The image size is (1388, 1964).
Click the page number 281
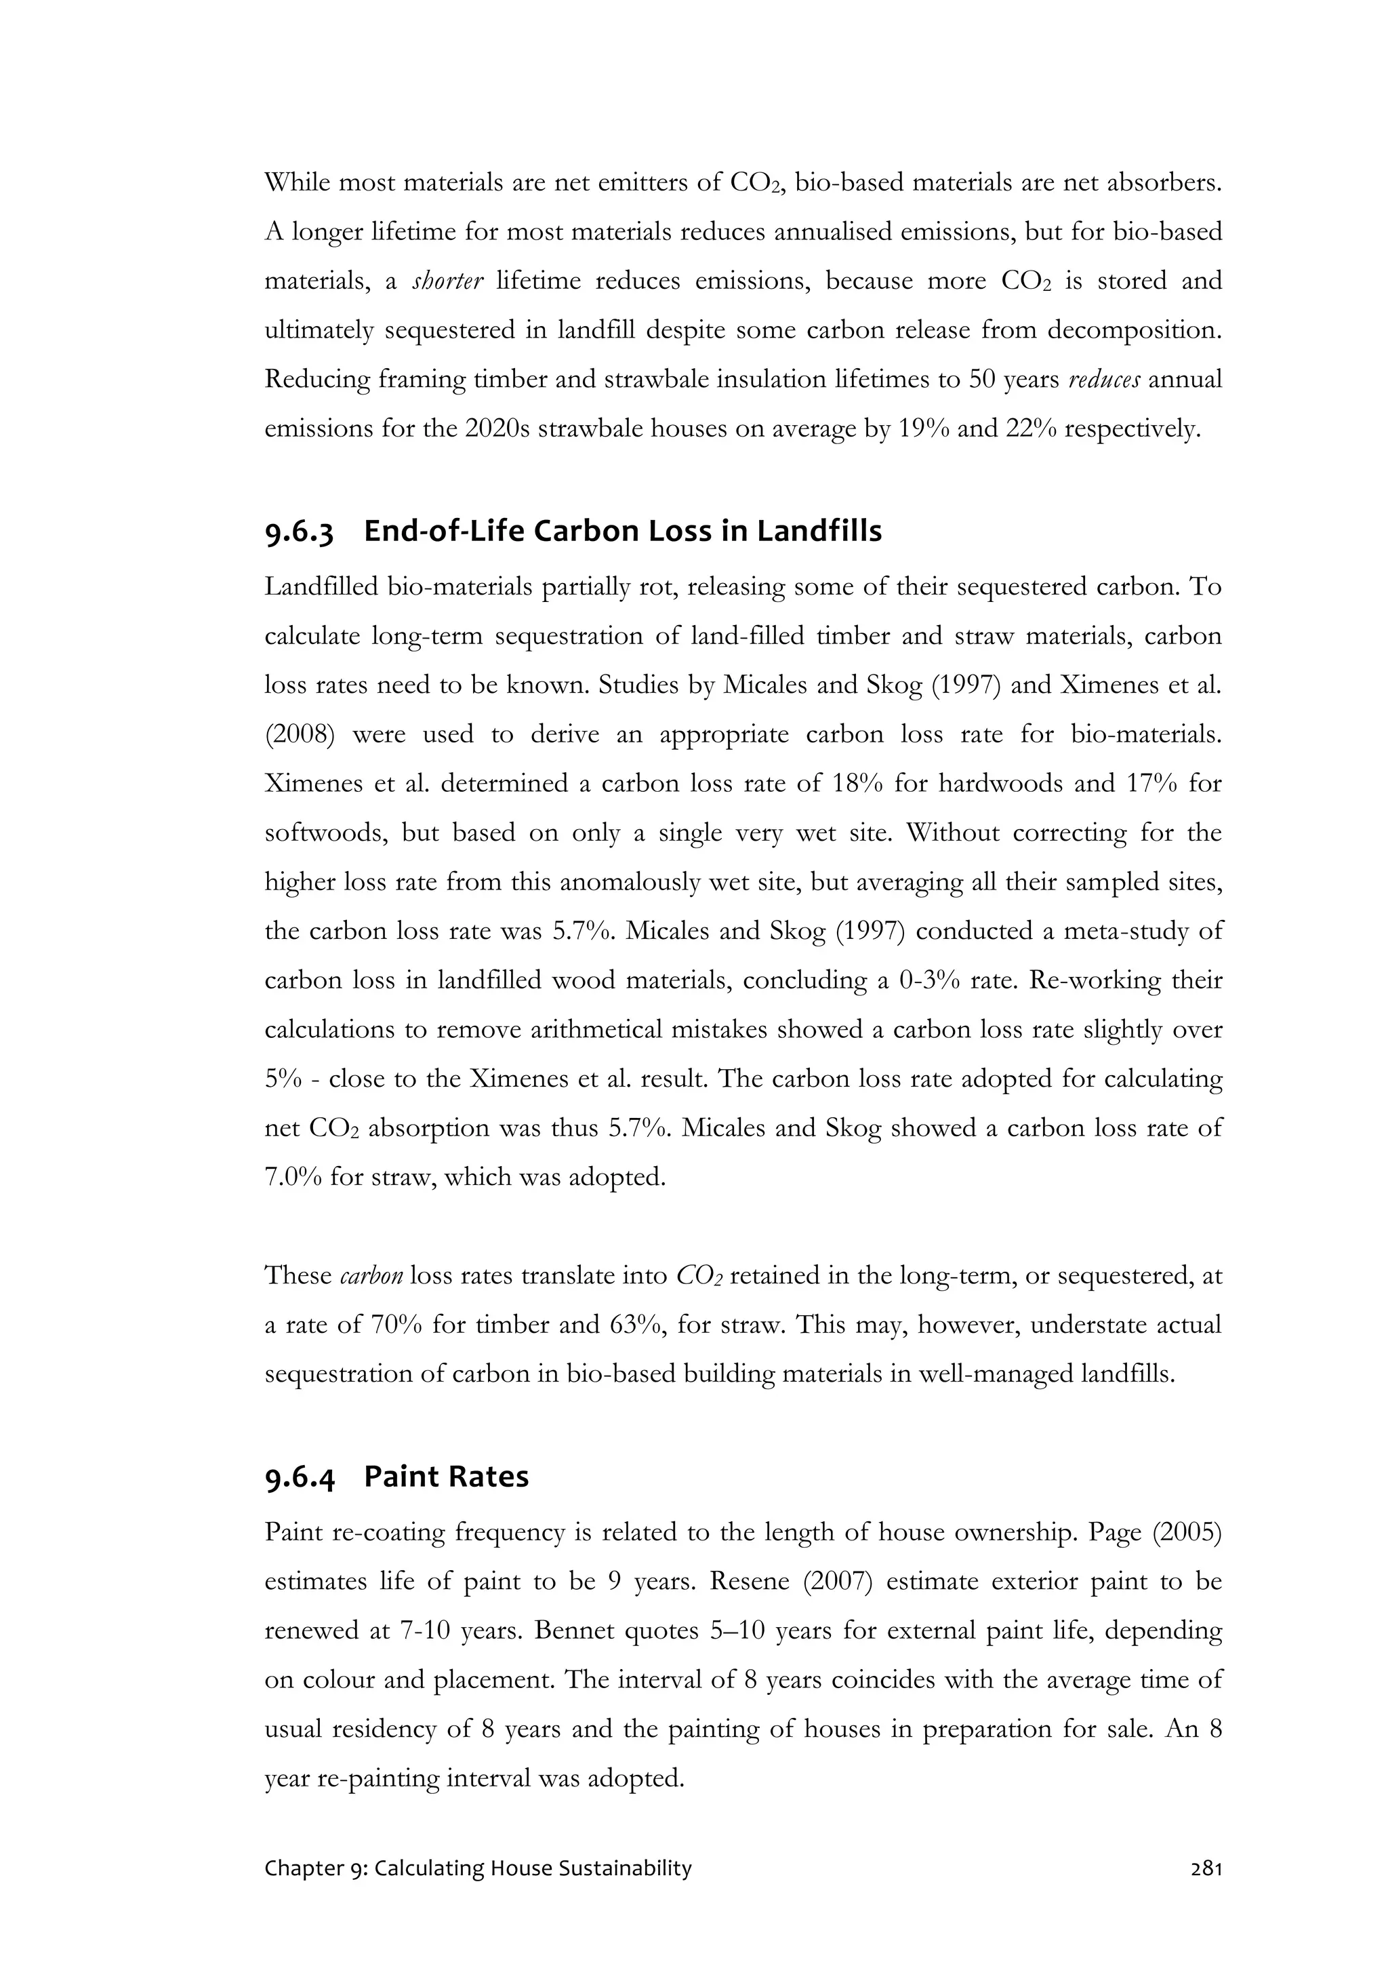click(1206, 1869)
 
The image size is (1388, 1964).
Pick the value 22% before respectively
click(1029, 428)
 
